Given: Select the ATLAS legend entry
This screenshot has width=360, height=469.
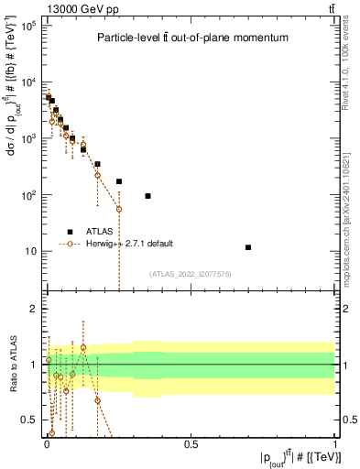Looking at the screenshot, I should pyautogui.click(x=100, y=231).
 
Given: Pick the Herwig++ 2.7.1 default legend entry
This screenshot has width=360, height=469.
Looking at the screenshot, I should pyautogui.click(x=128, y=244).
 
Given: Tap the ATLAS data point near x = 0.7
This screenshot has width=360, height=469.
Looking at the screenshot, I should pyautogui.click(x=248, y=247).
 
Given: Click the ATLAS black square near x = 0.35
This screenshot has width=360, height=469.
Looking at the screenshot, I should pyautogui.click(x=147, y=196).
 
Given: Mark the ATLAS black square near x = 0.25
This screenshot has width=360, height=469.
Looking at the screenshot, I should pyautogui.click(x=119, y=181).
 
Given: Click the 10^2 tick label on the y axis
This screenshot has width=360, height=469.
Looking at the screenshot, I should pyautogui.click(x=28, y=195).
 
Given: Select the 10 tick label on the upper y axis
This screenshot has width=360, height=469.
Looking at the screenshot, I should pyautogui.click(x=30, y=251).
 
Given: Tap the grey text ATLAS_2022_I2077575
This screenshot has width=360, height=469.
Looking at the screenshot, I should pyautogui.click(x=190, y=273).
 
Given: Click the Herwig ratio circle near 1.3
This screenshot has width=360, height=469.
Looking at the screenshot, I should pyautogui.click(x=83, y=348).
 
